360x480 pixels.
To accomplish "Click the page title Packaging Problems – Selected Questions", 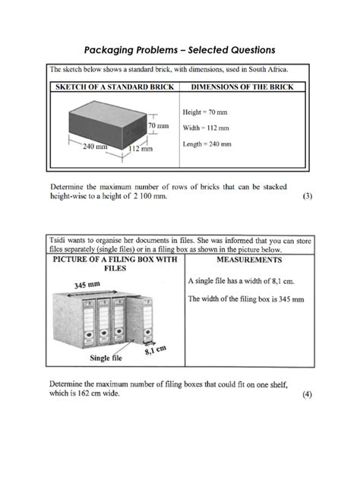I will click(x=180, y=50).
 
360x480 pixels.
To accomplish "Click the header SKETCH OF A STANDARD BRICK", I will click(x=112, y=87).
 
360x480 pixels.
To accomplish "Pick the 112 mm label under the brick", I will click(x=141, y=149).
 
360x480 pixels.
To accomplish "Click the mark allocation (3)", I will click(x=307, y=196).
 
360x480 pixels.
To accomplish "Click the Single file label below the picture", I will click(x=109, y=358).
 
